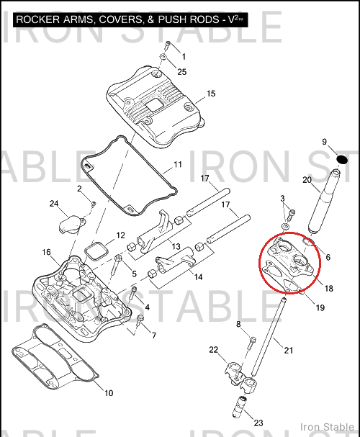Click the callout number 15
point(211,94)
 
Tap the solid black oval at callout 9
point(342,159)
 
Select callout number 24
point(54,204)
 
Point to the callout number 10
point(109,393)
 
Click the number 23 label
point(258,423)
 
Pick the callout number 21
point(289,350)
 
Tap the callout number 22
point(213,349)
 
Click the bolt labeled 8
point(251,343)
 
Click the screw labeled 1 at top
point(168,45)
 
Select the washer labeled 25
point(163,57)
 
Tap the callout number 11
point(178,164)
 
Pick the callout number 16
point(46,252)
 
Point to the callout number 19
point(320,307)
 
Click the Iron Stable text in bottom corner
point(327,427)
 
